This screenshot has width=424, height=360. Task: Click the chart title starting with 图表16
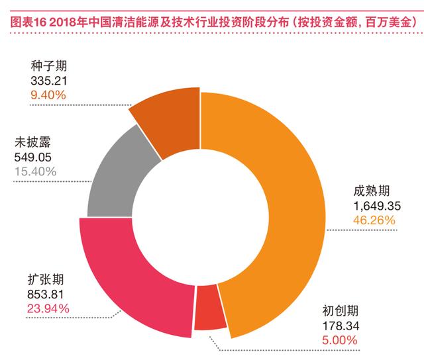click(x=214, y=22)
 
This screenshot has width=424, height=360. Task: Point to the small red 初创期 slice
click(x=209, y=308)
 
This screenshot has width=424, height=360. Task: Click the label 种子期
click(x=48, y=66)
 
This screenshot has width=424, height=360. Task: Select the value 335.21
click(x=48, y=81)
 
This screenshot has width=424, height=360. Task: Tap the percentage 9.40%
click(x=48, y=95)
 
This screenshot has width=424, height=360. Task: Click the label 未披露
click(x=32, y=142)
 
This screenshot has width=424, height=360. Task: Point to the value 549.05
click(x=32, y=157)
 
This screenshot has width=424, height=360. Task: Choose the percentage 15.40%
click(x=35, y=171)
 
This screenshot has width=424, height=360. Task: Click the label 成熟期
click(x=371, y=191)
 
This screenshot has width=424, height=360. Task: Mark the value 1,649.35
click(x=377, y=206)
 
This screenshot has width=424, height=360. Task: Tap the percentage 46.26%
click(x=374, y=220)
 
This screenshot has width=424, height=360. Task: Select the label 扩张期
click(x=46, y=279)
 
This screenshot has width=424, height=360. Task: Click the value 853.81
click(x=46, y=294)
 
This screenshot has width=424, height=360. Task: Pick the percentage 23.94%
click(x=48, y=308)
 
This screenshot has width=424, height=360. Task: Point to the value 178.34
click(x=341, y=326)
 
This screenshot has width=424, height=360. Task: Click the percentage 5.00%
click(x=340, y=340)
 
